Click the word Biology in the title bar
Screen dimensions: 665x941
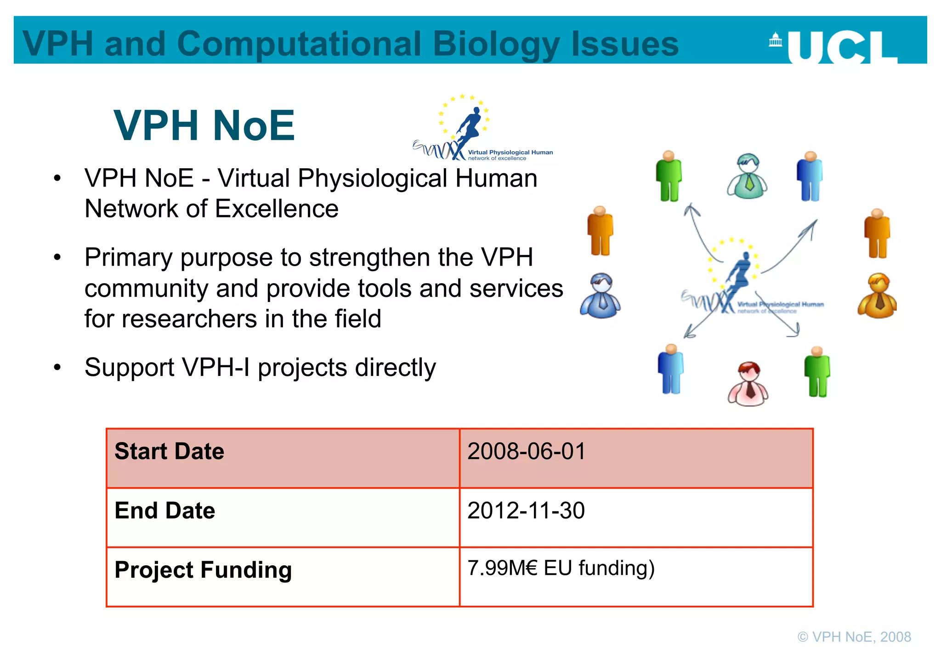pos(496,44)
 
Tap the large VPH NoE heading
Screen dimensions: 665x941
pos(204,125)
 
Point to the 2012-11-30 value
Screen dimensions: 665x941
pos(526,511)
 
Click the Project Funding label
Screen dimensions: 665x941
pos(203,570)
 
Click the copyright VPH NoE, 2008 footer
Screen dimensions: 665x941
pos(854,637)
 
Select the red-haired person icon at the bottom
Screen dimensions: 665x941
pos(748,384)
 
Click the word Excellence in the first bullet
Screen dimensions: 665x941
pos(277,209)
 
